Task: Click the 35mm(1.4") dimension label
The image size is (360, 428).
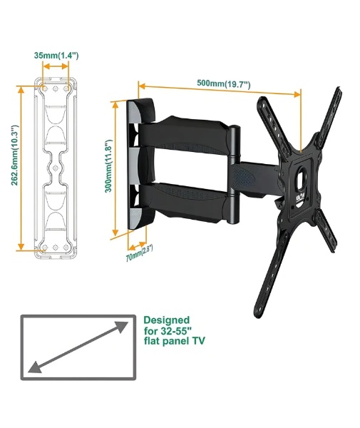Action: point(56,56)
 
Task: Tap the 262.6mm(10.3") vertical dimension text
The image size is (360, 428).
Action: point(15,155)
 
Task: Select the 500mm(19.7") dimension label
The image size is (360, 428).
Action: point(223,83)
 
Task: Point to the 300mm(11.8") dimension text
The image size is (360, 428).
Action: point(108,165)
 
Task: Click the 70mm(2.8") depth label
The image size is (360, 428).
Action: point(139,253)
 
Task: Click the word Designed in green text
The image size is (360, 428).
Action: point(166,320)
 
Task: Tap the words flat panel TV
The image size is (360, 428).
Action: point(174,341)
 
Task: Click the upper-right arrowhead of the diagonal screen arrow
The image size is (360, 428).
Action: point(122,326)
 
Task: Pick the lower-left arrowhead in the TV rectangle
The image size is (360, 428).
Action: point(34,367)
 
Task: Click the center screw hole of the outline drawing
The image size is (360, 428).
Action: point(56,168)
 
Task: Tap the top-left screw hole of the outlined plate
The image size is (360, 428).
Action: point(44,88)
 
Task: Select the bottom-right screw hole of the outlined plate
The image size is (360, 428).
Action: point(66,248)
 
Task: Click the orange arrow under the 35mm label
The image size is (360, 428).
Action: point(56,66)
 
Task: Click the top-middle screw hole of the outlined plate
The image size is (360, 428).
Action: point(56,88)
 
